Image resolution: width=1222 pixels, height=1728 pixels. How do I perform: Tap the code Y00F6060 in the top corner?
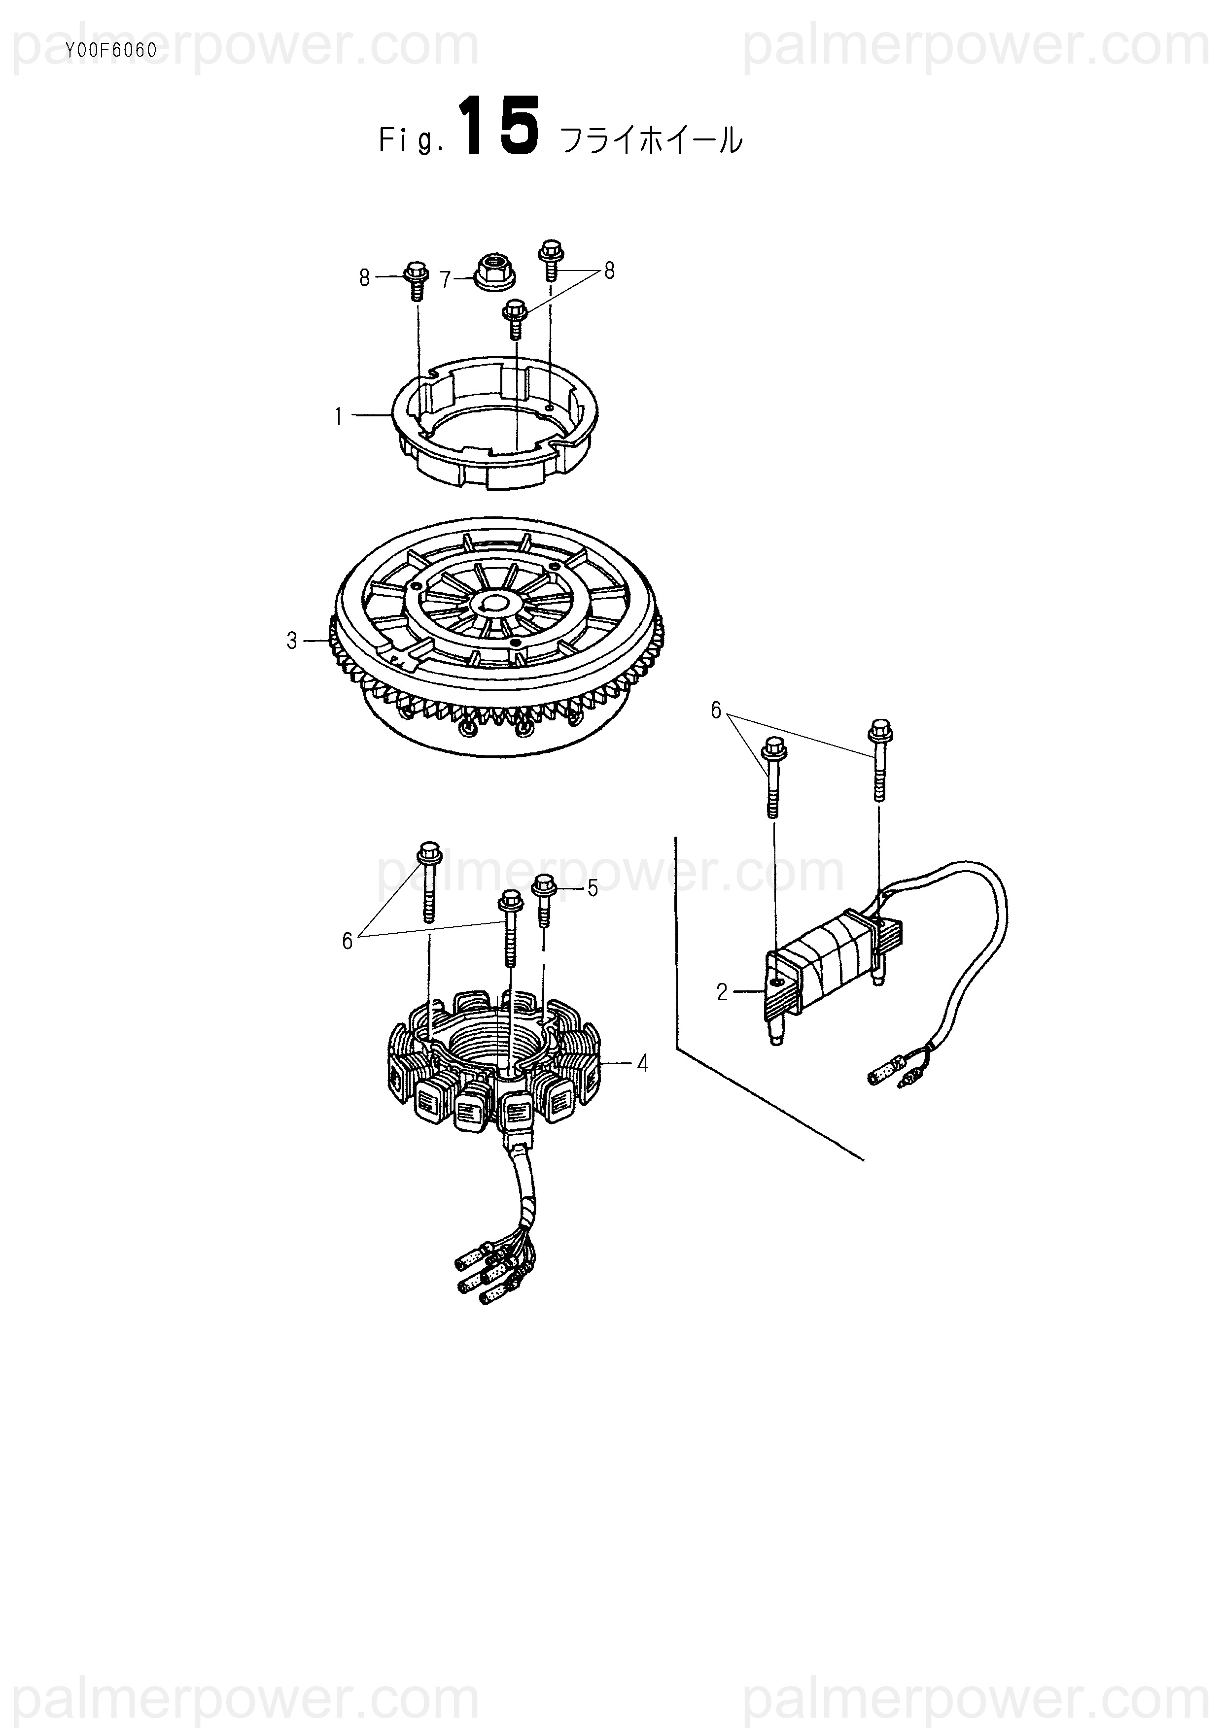click(x=111, y=52)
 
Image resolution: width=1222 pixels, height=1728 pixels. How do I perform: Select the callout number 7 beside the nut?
click(x=445, y=280)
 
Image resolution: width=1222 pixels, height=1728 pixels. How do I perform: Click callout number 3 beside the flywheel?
click(x=292, y=641)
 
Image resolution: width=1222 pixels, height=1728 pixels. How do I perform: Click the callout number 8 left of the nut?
click(x=364, y=278)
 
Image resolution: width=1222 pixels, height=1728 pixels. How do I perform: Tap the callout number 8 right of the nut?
click(x=609, y=271)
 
